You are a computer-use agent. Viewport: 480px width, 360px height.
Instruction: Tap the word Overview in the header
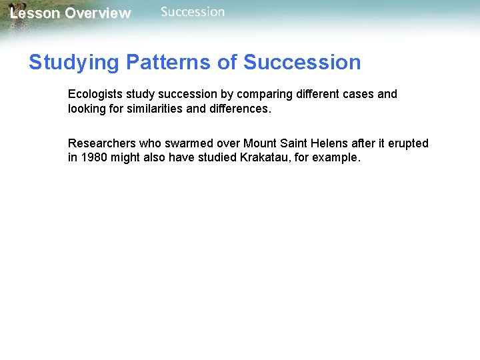pos(98,13)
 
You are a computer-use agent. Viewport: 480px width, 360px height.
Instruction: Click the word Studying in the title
pos(73,63)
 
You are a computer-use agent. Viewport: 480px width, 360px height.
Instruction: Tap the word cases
pos(359,94)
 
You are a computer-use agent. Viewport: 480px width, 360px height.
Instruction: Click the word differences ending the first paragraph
pos(239,109)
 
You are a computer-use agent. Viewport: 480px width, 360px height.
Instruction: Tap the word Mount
pos(261,143)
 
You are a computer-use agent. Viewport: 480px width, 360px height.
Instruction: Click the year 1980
pos(93,158)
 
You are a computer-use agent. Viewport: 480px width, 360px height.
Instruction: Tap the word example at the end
pos(337,159)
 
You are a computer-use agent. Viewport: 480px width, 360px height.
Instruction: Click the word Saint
pos(295,143)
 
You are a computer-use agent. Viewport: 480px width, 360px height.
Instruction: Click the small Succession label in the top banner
pos(193,12)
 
